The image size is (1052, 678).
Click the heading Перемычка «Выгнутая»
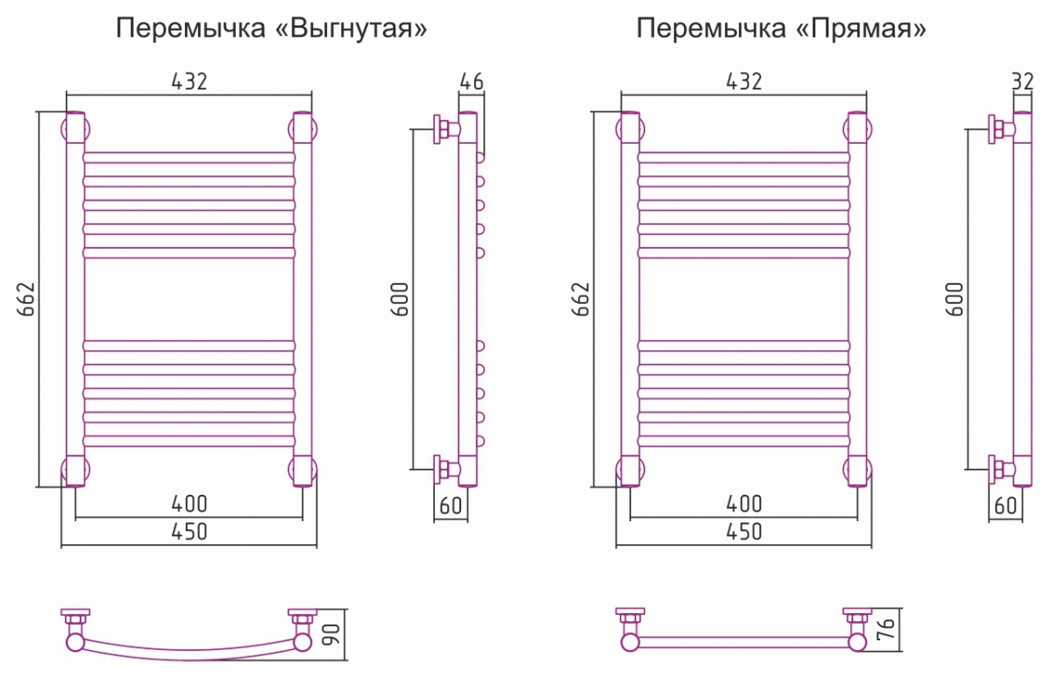(x=273, y=29)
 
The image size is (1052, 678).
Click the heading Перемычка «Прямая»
(x=781, y=29)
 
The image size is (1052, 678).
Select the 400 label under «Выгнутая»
(x=189, y=504)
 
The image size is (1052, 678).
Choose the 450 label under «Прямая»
(x=743, y=531)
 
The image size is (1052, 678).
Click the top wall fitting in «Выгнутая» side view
(x=444, y=130)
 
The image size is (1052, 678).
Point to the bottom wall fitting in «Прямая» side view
(x=999, y=470)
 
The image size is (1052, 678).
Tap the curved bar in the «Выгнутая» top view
(x=189, y=653)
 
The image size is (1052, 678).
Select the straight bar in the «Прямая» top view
(x=743, y=643)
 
